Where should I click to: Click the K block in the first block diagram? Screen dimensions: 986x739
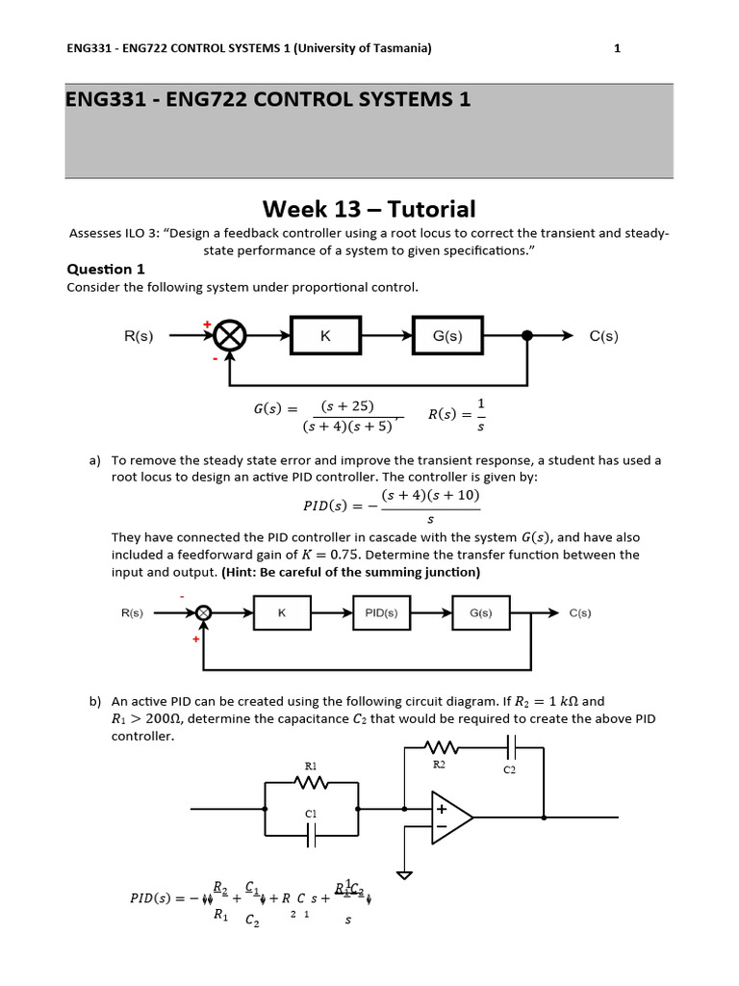pos(325,336)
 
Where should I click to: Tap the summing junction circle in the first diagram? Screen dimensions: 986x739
pos(230,336)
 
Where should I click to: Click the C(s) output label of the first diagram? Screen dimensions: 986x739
pos(603,336)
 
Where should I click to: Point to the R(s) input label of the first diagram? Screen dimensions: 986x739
pos(141,336)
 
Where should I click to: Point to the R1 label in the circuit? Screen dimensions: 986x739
pos(311,766)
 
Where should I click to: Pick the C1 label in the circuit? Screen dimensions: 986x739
pos(311,815)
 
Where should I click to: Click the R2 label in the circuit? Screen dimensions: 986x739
pos(439,764)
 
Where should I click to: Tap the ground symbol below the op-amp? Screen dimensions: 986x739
pos(406,876)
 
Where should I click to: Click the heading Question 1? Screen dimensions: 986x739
pos(105,270)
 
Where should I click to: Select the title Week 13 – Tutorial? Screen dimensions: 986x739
pos(369,209)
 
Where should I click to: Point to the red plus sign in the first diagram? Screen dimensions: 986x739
pos(206,324)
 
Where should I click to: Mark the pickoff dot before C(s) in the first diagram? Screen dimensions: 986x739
pos(526,336)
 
